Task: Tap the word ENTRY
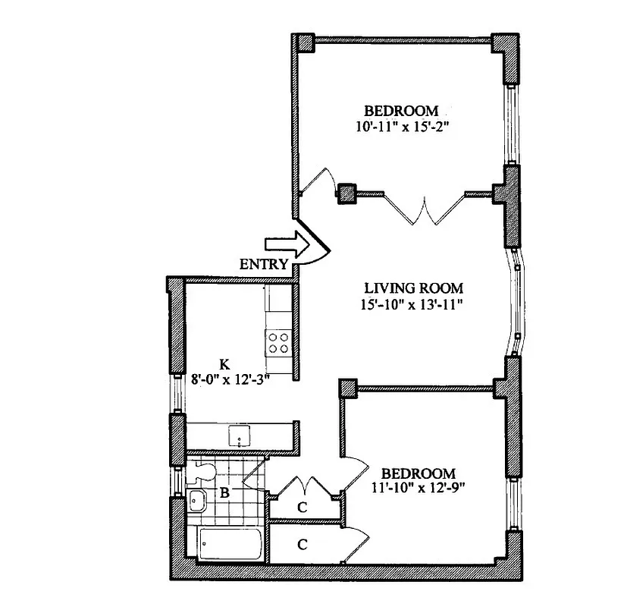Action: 263,265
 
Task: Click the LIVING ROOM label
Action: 413,288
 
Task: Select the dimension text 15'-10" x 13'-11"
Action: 413,305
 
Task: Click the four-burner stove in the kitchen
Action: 279,343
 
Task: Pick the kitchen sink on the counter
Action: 240,436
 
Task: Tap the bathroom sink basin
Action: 199,501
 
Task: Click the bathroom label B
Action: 224,493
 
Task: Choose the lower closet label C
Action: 302,544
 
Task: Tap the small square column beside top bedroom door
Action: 347,193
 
